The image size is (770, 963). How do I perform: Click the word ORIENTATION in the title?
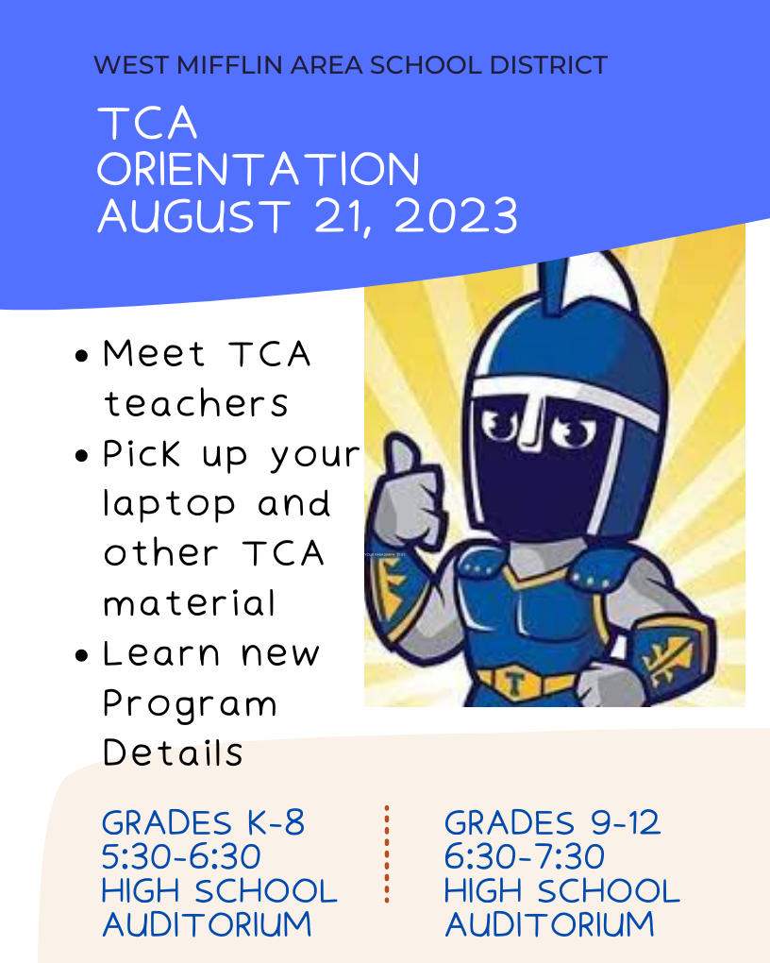pos(259,169)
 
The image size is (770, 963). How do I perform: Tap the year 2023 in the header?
pos(456,216)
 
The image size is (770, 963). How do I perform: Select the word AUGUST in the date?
pos(194,216)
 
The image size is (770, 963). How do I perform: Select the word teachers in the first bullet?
pos(196,404)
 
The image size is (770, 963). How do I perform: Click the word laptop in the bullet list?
pos(169,505)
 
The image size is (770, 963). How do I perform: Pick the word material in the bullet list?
pos(189,603)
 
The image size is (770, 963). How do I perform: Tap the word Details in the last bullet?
pos(174,752)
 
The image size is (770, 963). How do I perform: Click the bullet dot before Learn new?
pos(82,655)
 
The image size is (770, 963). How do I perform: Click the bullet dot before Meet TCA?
pos(82,356)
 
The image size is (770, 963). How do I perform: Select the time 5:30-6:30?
pos(181,856)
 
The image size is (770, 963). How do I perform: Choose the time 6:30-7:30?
pos(525,856)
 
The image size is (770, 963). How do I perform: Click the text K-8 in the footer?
pos(276,823)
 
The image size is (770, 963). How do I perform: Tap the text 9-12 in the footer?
pos(625,823)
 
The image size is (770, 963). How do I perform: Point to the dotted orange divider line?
pos(387,854)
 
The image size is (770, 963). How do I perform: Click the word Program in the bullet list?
pos(190,704)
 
